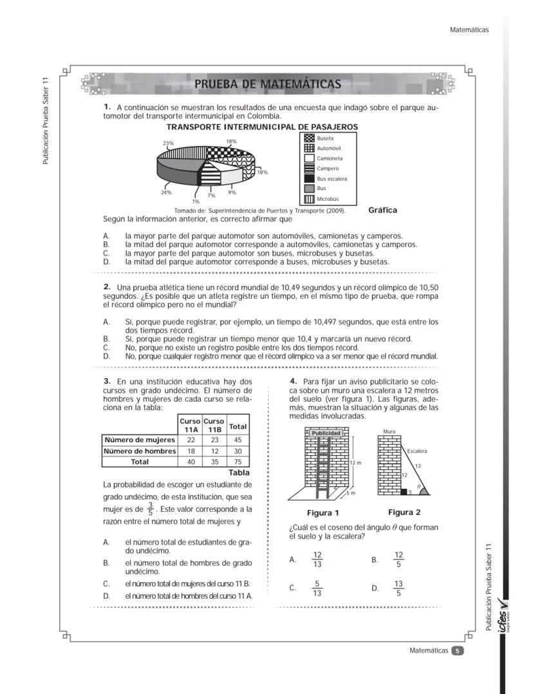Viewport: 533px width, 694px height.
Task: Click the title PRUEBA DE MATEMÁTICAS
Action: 268,84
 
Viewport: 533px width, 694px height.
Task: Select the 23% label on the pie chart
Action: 168,143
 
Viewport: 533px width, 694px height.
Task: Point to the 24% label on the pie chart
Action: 165,192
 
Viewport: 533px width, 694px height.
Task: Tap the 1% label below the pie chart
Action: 196,202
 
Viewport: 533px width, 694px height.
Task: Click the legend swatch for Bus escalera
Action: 309,178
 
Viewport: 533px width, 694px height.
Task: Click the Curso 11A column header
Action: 191,425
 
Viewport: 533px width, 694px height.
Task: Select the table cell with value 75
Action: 238,462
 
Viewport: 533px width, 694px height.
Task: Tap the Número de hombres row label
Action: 140,451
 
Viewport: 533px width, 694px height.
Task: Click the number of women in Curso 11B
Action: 214,440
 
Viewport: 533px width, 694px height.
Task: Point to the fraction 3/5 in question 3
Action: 150,509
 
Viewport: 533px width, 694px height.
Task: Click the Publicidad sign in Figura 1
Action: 326,433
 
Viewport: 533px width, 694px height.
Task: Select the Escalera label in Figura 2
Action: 417,451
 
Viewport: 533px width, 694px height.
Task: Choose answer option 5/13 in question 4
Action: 317,588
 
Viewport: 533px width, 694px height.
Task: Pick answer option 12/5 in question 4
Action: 398,559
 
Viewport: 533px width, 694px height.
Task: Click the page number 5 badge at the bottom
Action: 457,650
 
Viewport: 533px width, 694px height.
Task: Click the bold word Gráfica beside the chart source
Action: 382,210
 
